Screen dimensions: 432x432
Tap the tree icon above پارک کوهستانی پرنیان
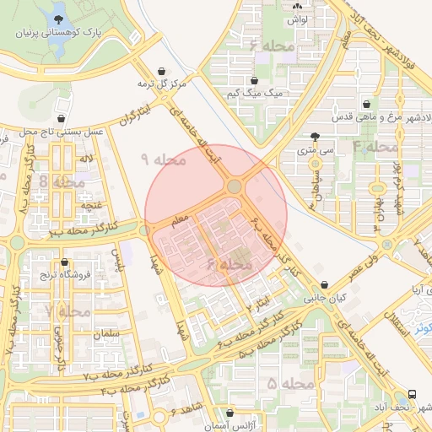pyautogui.click(x=59, y=19)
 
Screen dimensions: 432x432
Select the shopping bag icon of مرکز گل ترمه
pyautogui.click(x=161, y=72)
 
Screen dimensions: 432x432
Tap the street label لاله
pyautogui.click(x=86, y=159)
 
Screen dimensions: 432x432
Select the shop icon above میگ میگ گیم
pyautogui.click(x=254, y=80)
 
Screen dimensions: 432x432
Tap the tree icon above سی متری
pyautogui.click(x=315, y=137)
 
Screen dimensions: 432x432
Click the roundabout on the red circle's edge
pyautogui.click(x=235, y=186)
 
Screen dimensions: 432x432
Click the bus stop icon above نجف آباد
pyautogui.click(x=412, y=394)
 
